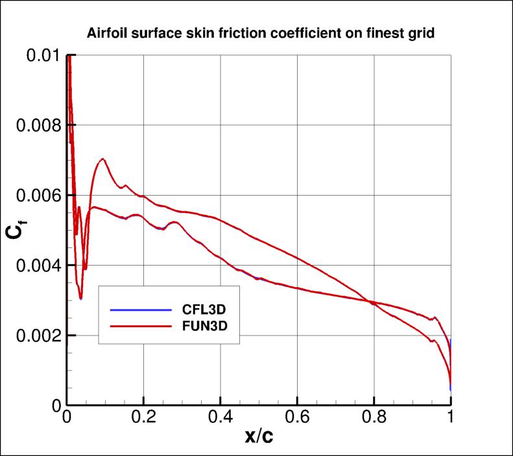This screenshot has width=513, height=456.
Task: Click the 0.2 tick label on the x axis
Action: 143,417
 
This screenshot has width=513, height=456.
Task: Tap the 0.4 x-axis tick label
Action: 221,417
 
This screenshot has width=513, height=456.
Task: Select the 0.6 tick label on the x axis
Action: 297,417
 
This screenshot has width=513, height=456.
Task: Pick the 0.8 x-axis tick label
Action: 374,417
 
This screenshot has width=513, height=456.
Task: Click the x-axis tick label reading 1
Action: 451,417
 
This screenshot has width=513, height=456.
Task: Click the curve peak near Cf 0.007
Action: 102,159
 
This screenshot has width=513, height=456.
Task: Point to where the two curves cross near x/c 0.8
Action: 372,302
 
